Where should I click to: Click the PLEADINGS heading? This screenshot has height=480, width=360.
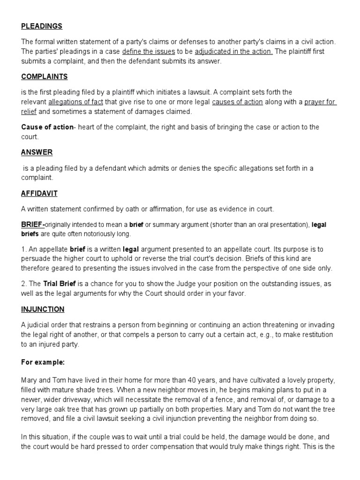[x=42, y=26]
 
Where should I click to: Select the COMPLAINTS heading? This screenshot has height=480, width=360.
[x=45, y=76]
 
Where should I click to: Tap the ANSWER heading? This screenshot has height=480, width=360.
[x=37, y=152]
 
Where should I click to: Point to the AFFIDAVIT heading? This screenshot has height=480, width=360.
[x=39, y=193]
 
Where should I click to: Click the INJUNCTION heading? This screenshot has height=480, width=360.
[x=43, y=309]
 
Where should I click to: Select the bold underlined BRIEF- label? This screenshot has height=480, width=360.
[x=33, y=225]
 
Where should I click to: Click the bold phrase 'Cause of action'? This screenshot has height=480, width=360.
[x=47, y=127]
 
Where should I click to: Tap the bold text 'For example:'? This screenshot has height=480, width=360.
[x=43, y=362]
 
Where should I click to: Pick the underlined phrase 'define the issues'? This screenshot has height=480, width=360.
[x=148, y=52]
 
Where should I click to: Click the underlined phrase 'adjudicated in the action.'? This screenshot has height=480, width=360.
[x=234, y=52]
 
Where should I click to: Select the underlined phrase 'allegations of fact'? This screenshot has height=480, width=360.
[x=75, y=102]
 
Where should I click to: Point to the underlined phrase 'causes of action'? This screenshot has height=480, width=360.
[x=237, y=102]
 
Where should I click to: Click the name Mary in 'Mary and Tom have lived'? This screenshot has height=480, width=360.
[x=29, y=380]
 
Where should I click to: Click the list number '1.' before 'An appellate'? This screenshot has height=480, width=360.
[x=24, y=249]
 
